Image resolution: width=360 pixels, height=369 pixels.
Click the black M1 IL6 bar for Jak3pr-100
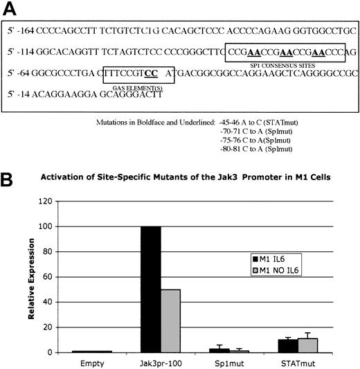pos(150,281)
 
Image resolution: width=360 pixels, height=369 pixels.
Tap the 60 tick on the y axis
pos(48,278)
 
